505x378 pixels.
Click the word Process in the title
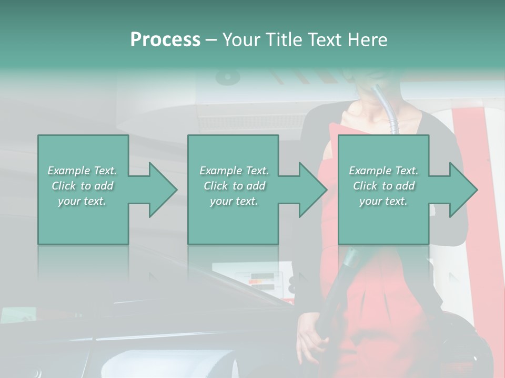pos(165,40)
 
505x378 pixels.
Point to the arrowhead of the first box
pos(160,190)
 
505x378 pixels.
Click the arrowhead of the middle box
pos(311,190)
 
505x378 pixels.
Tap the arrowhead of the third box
pos(461,190)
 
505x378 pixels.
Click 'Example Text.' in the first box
pos(82,171)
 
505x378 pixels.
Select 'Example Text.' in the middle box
pos(234,171)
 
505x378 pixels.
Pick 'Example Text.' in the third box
pos(383,171)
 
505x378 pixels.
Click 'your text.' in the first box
pos(82,201)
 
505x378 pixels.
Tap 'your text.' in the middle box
pos(234,201)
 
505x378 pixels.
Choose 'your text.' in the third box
pos(383,201)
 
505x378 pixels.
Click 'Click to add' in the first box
pos(82,186)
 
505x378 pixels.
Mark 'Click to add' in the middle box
pos(234,186)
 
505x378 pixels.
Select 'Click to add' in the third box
pos(383,186)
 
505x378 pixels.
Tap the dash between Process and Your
pos(211,40)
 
